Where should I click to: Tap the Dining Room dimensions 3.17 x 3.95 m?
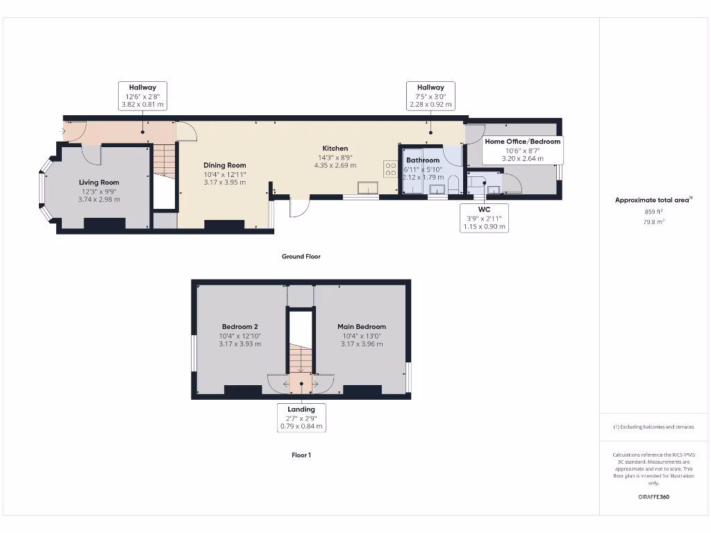coord(224,183)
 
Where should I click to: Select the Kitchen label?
coord(335,149)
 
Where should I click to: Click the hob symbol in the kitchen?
coord(390,170)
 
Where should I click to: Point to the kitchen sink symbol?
coord(367,188)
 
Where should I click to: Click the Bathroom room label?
coord(422,160)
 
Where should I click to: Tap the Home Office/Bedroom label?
coord(522,142)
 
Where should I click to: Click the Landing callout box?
coord(301,418)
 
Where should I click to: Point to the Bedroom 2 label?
coord(240,326)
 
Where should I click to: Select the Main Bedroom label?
coord(361,326)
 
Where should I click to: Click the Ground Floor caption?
coord(301,256)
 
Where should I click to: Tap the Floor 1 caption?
coord(301,455)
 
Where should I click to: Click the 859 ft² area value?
coord(653,211)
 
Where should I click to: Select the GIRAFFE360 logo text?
coord(653,497)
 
